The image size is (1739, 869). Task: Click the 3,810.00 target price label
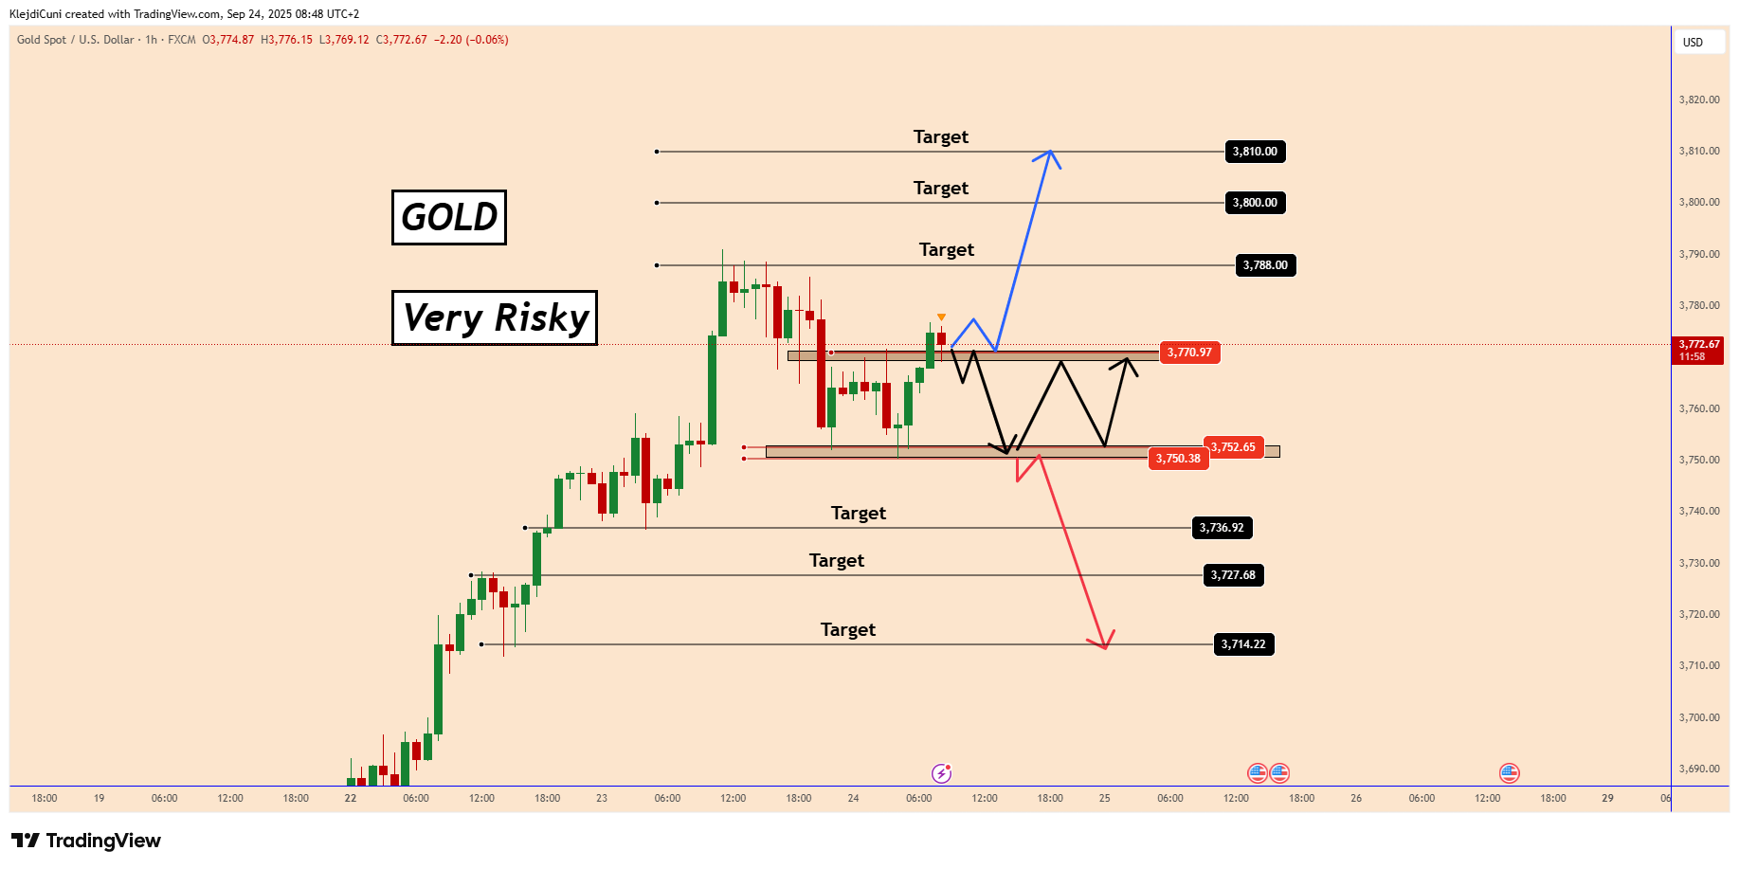coord(1255,152)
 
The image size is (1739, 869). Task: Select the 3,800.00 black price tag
coord(1255,203)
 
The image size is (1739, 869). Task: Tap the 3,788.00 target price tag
coord(1265,265)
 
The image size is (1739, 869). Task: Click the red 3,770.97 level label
coord(1189,353)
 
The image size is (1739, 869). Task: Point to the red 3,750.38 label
coord(1178,459)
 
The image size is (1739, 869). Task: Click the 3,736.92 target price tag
coord(1222,528)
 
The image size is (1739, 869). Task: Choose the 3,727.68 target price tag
coord(1233,575)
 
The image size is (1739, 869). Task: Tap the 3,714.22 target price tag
coord(1243,644)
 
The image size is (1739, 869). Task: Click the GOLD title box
coord(449,217)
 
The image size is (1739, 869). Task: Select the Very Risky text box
coord(495,317)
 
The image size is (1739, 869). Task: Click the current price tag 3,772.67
coord(1698,351)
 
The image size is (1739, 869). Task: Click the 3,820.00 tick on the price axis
coord(1699,100)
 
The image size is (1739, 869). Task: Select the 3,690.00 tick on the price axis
coord(1699,769)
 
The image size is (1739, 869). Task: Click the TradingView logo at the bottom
coord(86,841)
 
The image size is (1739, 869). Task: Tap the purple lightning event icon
coord(941,773)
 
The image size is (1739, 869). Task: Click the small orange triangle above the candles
coord(941,317)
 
